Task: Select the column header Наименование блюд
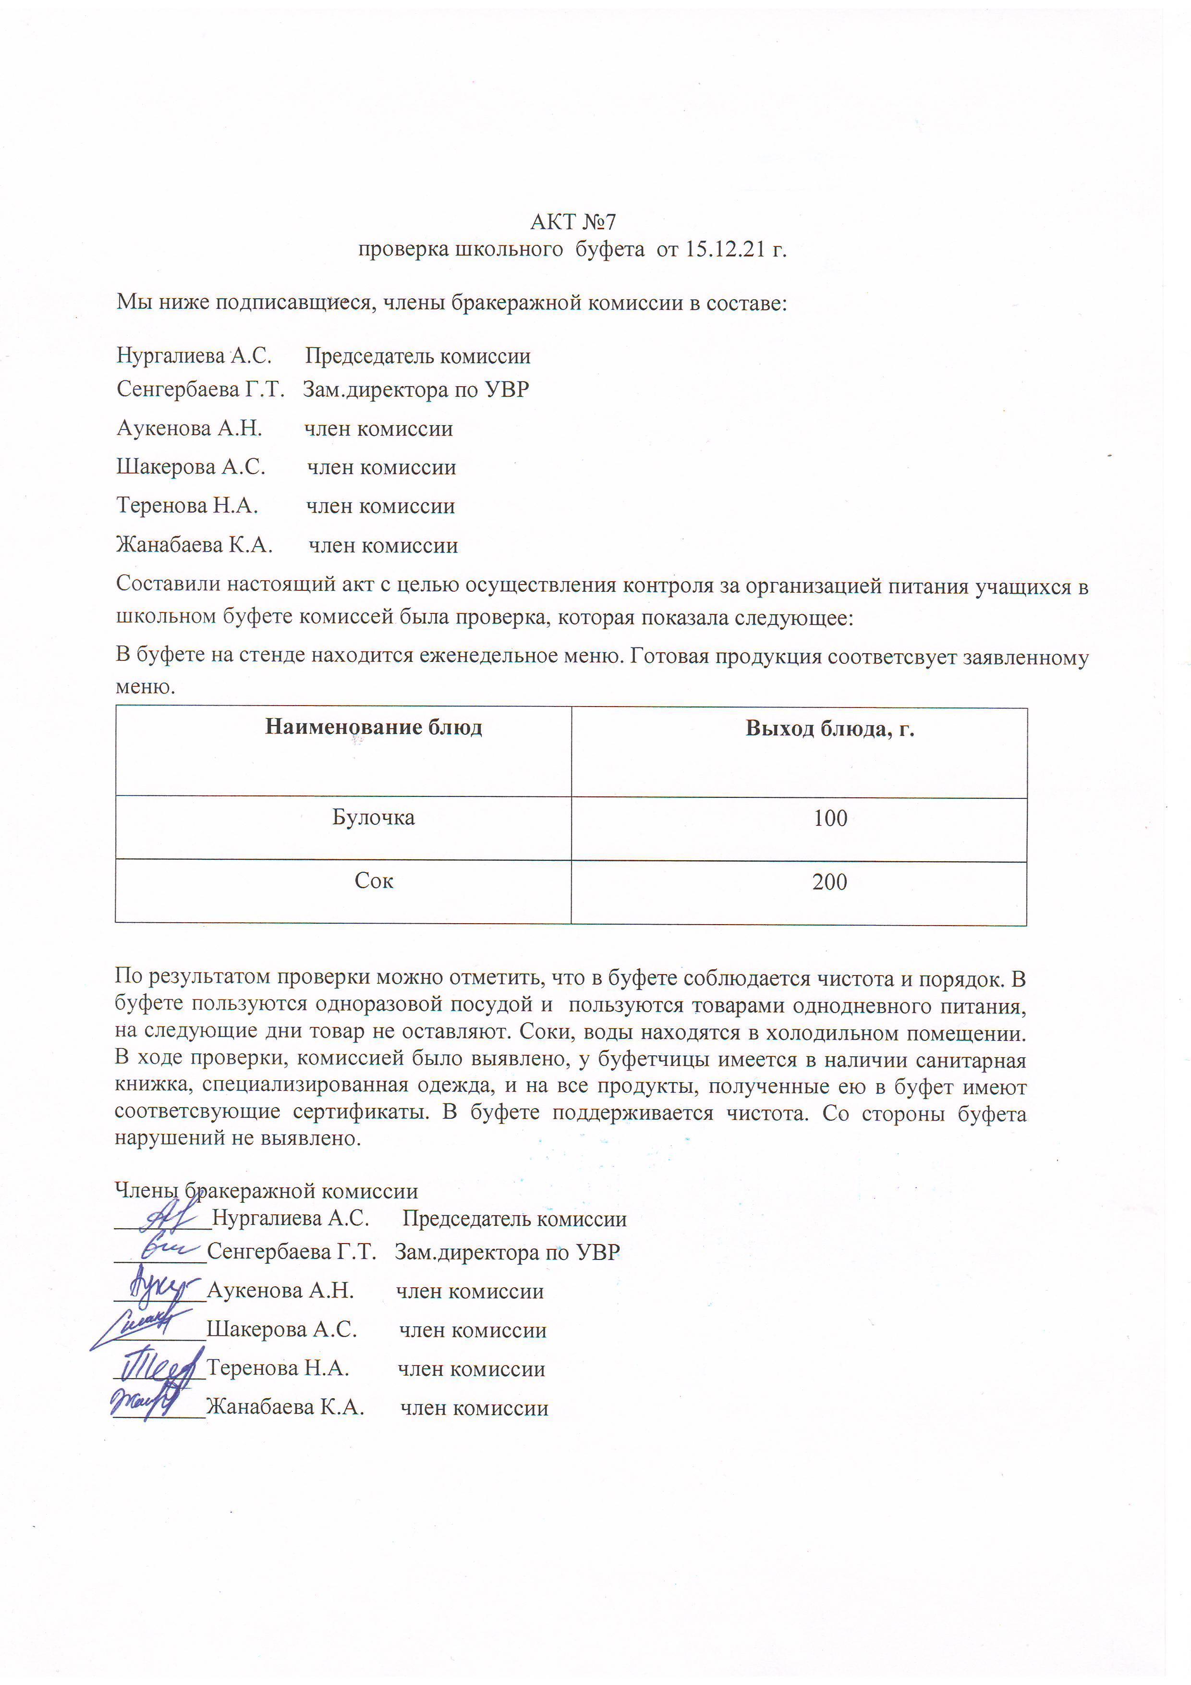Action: click(374, 727)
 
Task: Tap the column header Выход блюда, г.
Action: click(829, 728)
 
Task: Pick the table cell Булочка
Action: click(374, 818)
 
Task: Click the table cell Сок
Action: click(374, 880)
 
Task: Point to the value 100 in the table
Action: click(830, 818)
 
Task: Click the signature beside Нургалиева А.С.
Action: click(165, 1216)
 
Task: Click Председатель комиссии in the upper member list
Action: click(417, 357)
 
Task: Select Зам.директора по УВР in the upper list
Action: click(416, 390)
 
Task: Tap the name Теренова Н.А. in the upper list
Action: click(187, 506)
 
